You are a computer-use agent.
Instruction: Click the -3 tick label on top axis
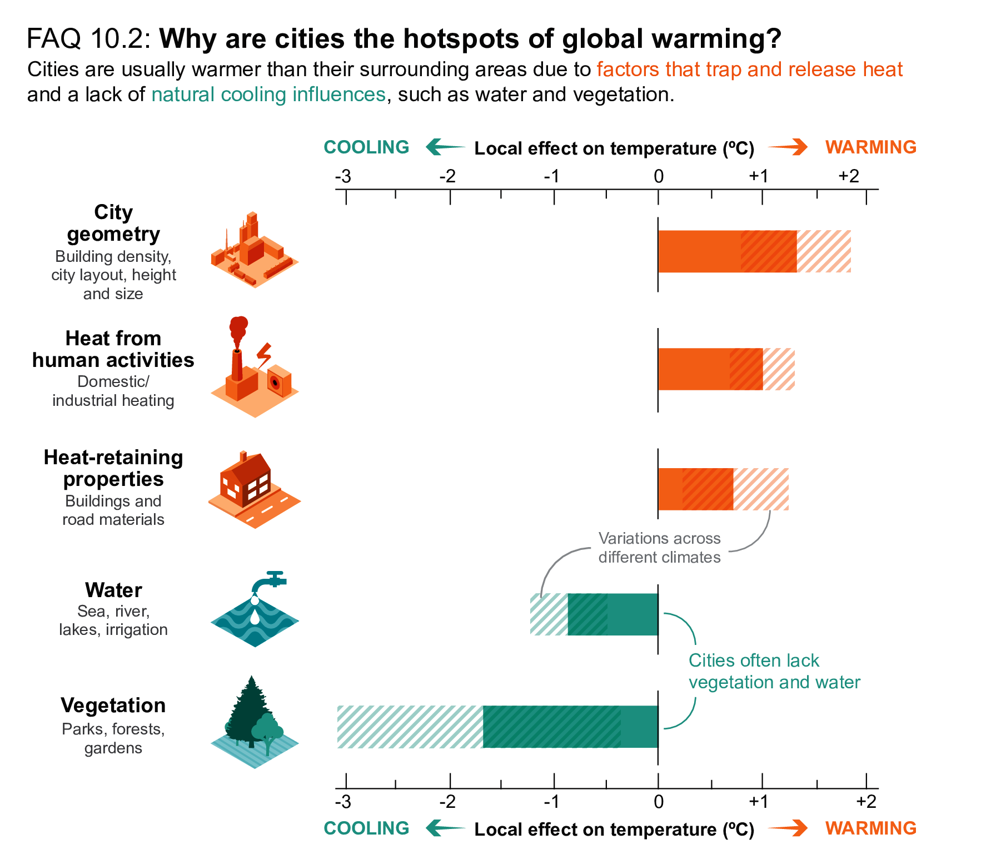(x=343, y=176)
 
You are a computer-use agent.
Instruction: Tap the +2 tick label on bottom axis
(x=866, y=801)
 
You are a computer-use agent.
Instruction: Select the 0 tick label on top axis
(x=659, y=176)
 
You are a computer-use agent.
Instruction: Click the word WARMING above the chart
(x=870, y=147)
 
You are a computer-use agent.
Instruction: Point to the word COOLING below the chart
(x=366, y=828)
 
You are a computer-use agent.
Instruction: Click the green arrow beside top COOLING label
(x=445, y=147)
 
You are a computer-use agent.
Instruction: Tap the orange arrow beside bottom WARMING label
(x=788, y=828)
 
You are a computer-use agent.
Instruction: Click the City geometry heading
(x=113, y=223)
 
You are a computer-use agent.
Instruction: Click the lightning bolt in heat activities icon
(x=264, y=355)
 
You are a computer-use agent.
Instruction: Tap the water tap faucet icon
(x=270, y=580)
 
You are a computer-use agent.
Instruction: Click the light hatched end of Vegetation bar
(x=410, y=727)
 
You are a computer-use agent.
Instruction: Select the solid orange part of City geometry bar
(x=699, y=251)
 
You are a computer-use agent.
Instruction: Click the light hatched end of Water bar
(x=549, y=614)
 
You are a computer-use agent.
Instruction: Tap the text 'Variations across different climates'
(x=659, y=548)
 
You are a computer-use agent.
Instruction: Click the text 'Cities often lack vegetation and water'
(x=774, y=671)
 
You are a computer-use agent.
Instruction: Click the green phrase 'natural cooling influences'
(x=268, y=95)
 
